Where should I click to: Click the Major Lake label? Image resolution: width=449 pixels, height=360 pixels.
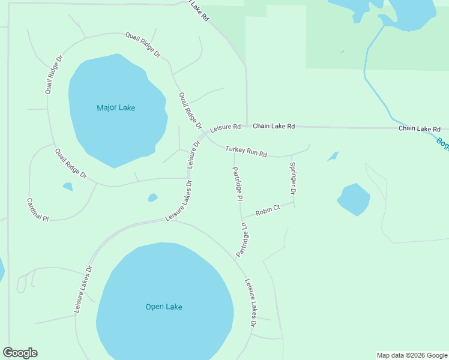(116, 108)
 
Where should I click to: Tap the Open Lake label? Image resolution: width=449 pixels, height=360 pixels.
(164, 307)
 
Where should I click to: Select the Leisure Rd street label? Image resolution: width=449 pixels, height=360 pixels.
(225, 128)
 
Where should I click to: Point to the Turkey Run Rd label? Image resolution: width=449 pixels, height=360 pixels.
(246, 151)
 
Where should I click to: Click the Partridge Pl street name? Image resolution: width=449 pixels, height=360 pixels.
(237, 184)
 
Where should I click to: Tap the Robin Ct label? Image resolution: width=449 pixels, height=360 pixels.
(268, 211)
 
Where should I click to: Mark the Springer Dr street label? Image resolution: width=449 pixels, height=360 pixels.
(292, 179)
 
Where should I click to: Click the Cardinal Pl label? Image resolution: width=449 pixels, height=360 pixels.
(37, 210)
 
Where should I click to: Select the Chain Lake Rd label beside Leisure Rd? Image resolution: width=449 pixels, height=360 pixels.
(274, 127)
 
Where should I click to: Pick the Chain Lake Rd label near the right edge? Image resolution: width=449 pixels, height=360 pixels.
(420, 129)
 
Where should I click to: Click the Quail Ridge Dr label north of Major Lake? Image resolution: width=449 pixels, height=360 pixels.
(143, 44)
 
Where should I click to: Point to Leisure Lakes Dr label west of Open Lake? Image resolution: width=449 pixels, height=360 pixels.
(83, 289)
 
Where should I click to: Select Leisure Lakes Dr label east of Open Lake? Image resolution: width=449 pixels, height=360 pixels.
(250, 303)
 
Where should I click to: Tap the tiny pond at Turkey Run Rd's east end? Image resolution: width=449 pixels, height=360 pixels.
(333, 157)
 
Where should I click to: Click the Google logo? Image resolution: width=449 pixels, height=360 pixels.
(20, 353)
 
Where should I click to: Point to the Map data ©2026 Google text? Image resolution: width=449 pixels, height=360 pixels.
(412, 355)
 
